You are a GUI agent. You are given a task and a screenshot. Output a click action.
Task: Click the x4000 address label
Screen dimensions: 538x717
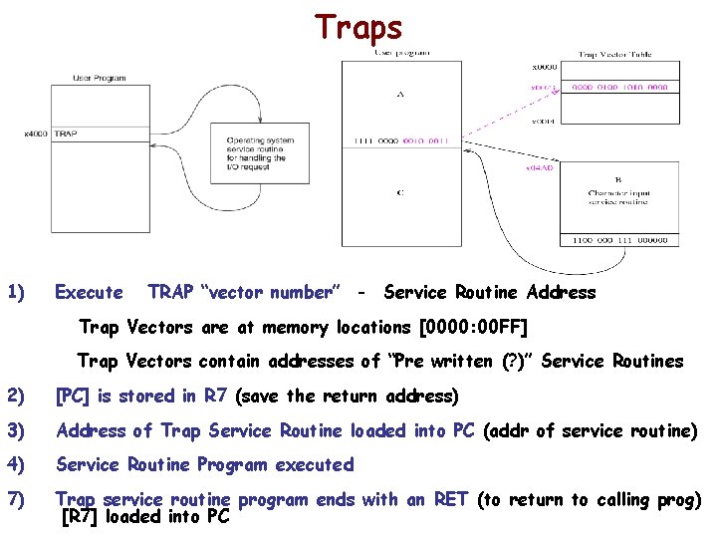37,134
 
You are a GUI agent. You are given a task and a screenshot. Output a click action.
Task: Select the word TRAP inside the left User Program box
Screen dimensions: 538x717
67,134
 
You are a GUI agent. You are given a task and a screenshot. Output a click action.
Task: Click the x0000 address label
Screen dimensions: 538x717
544,68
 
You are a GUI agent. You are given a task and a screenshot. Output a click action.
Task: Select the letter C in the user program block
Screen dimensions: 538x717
399,193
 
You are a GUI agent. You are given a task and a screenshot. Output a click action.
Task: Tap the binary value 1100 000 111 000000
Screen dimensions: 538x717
620,240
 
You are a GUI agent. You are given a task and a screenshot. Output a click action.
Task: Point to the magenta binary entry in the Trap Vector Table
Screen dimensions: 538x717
619,87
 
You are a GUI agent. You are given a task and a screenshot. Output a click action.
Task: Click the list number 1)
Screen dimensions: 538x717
16,293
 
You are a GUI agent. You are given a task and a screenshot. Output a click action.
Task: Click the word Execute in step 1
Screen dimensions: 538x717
89,293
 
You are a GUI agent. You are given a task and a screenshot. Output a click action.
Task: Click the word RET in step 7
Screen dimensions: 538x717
450,500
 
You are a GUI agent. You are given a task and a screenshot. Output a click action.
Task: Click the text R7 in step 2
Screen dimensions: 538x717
214,397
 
